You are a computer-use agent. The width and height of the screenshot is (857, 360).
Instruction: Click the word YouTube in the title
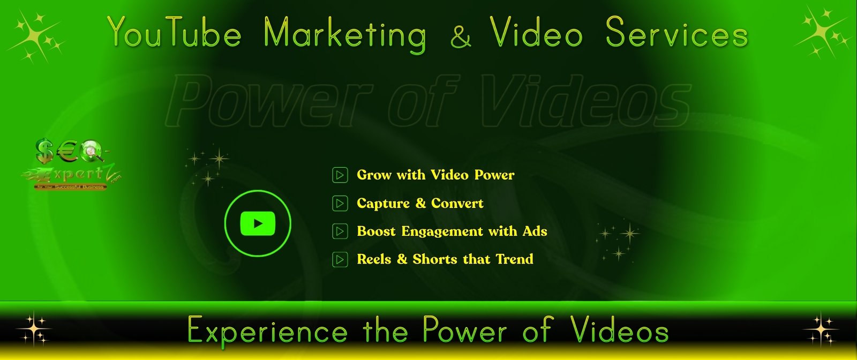(174, 34)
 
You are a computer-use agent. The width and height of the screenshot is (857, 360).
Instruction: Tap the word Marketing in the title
(345, 35)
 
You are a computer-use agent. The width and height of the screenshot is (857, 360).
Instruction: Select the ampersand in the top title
(461, 36)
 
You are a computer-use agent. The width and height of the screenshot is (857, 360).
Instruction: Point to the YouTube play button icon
(258, 223)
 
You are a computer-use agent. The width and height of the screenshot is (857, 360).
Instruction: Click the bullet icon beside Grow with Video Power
(340, 175)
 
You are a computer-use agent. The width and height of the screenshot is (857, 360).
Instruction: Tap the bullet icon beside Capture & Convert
(340, 204)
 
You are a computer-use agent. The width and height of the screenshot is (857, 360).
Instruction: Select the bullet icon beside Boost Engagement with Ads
(340, 231)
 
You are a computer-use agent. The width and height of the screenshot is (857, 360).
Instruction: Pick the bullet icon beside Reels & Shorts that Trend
(340, 260)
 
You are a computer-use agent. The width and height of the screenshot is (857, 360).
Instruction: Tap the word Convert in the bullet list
(457, 204)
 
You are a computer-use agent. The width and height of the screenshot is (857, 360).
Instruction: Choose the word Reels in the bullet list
(374, 259)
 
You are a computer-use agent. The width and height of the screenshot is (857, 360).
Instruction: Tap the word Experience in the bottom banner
(268, 331)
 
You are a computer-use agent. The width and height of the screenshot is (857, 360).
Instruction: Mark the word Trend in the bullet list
(514, 259)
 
